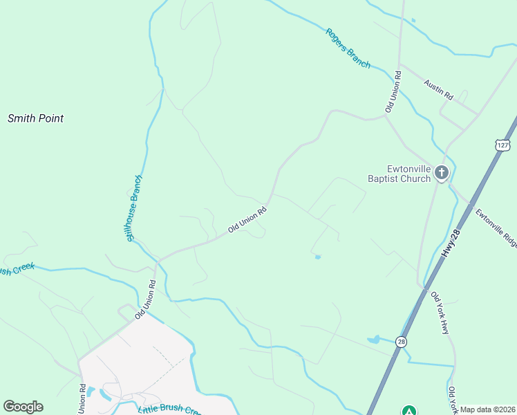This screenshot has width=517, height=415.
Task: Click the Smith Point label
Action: (35, 118)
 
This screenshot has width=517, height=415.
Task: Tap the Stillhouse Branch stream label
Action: (133, 208)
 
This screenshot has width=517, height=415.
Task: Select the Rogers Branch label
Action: (348, 48)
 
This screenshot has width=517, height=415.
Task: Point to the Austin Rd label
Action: (438, 89)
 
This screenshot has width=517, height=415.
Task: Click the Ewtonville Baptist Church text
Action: (399, 173)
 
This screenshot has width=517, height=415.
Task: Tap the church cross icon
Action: (442, 173)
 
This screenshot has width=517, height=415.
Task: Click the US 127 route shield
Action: (502, 144)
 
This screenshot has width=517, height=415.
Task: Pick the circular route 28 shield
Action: (401, 341)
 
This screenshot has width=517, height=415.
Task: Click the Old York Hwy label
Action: (440, 313)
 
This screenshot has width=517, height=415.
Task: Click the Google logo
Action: (23, 407)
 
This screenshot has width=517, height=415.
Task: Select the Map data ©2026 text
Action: (487, 409)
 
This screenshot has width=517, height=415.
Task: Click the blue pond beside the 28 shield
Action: (374, 340)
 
